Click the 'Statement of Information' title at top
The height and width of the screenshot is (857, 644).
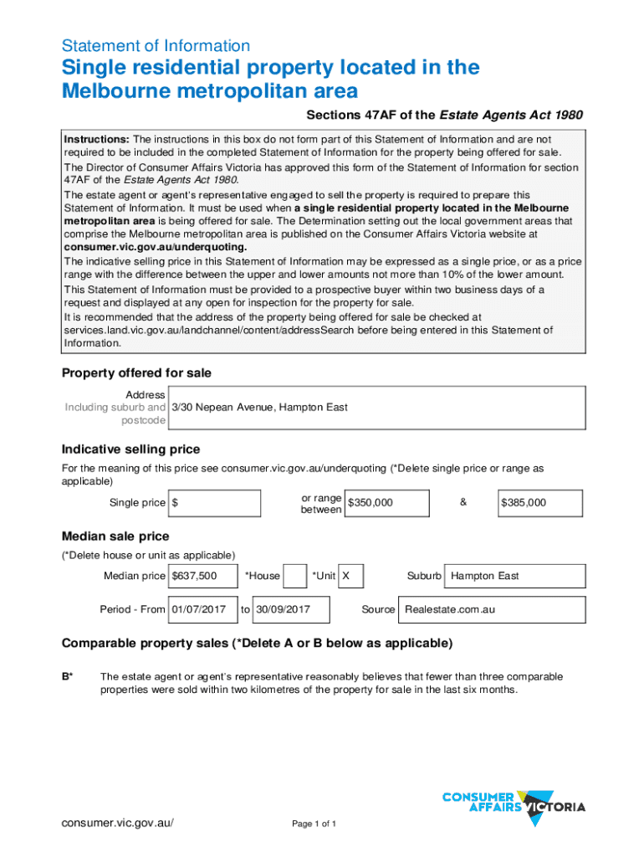click(x=156, y=46)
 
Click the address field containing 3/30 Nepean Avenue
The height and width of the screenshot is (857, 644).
click(x=376, y=408)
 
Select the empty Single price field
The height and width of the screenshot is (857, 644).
click(x=215, y=503)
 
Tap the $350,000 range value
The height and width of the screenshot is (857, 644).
click(x=386, y=503)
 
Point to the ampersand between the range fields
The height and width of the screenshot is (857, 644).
click(x=463, y=502)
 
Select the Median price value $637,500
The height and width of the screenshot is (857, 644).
click(x=202, y=576)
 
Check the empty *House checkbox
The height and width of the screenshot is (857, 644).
click(x=294, y=576)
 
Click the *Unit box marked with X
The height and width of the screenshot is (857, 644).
click(x=350, y=576)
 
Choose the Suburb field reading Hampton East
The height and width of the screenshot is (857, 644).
click(x=515, y=576)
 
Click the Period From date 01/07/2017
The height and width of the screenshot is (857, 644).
click(x=202, y=609)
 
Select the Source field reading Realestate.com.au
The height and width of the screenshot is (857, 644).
click(x=492, y=609)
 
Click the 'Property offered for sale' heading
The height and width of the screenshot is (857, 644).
click(x=136, y=372)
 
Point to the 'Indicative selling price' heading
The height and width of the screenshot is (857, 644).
click(x=130, y=449)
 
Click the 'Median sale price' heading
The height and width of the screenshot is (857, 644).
click(x=115, y=536)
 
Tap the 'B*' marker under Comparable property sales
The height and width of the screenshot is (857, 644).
click(x=67, y=676)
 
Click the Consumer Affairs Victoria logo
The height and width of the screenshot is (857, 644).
click(x=513, y=808)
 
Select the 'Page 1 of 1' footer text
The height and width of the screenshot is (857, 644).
click(x=314, y=824)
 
